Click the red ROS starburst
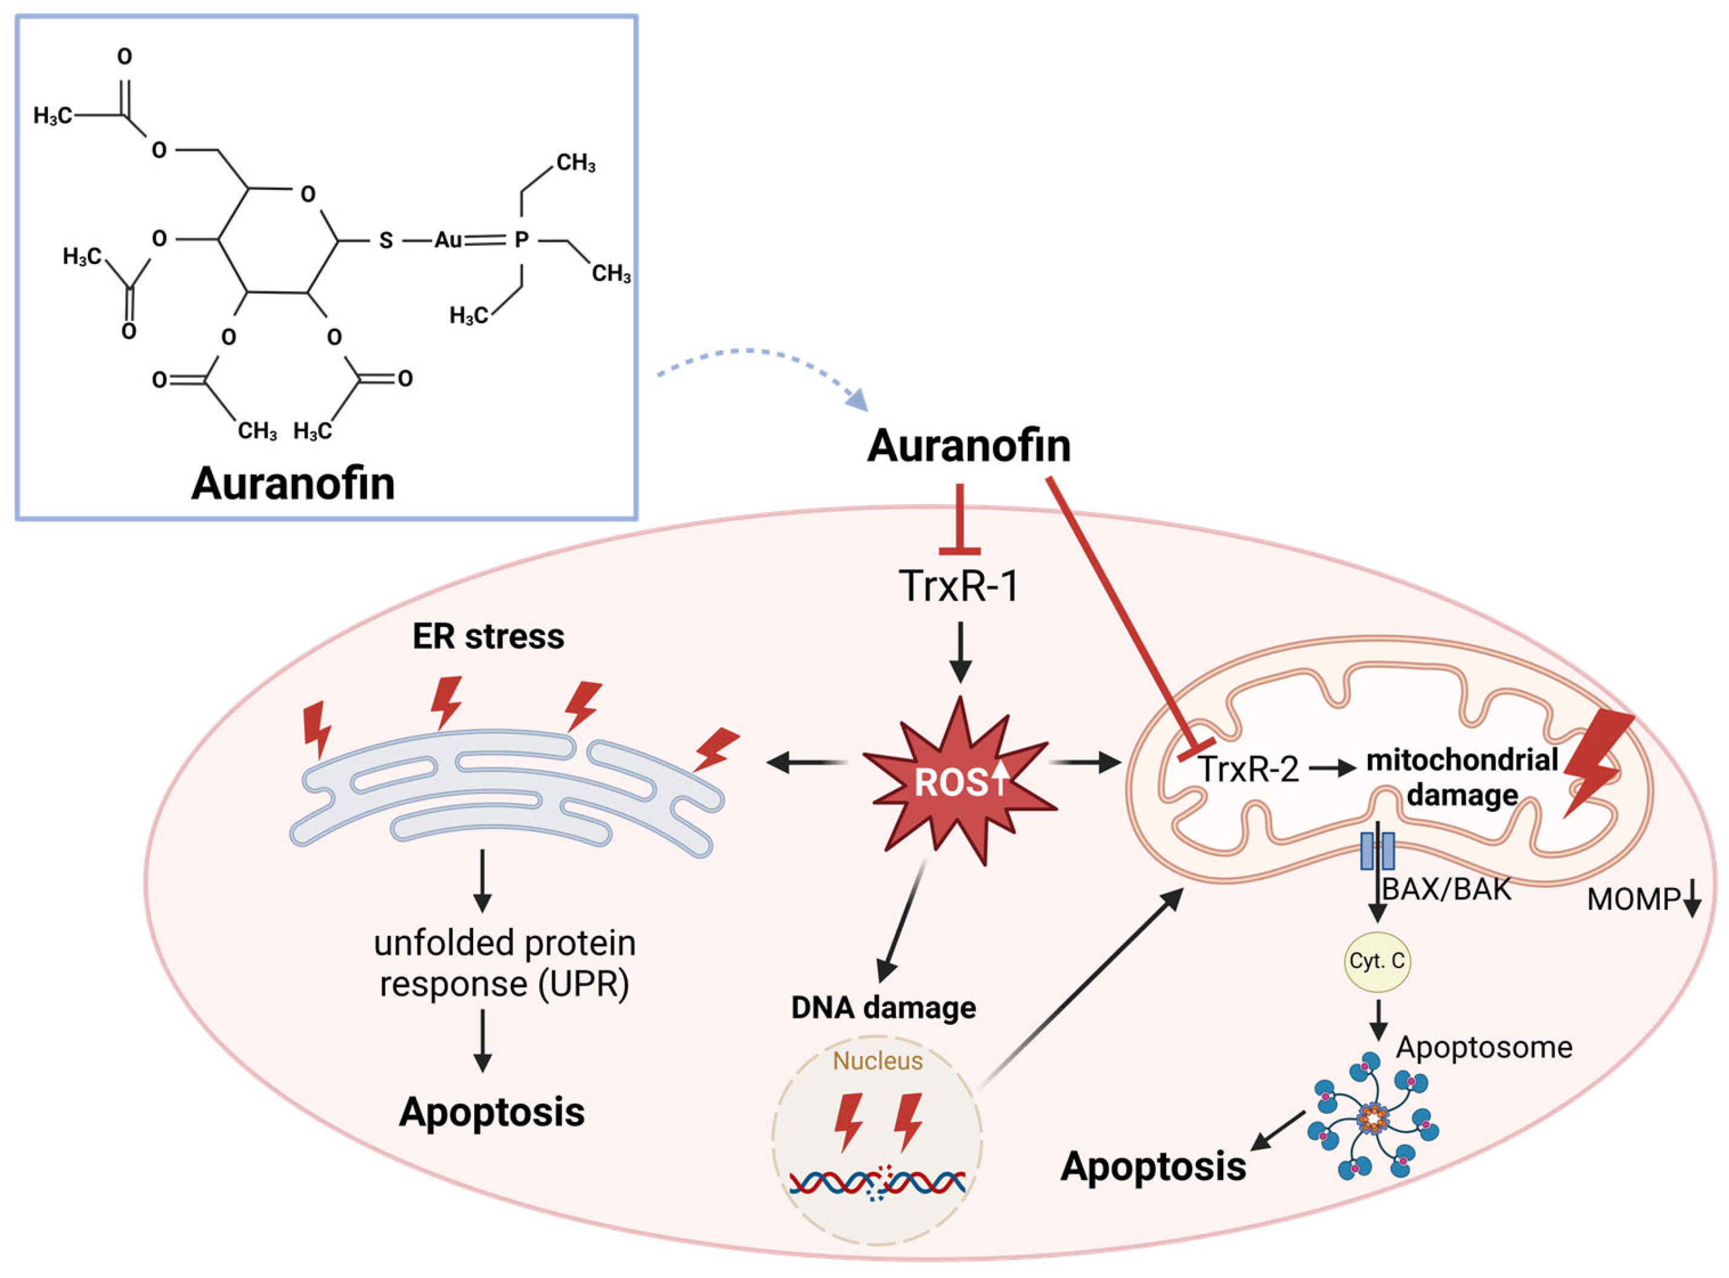[x=960, y=782]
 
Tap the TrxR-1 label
[x=959, y=585]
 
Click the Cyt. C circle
[x=1376, y=961]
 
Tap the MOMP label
[x=1633, y=900]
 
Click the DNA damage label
[x=883, y=1008]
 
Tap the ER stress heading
[x=488, y=637]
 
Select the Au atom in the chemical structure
[x=447, y=240]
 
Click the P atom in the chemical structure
[x=522, y=240]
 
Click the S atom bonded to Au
[x=385, y=240]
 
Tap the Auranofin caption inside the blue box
[x=293, y=484]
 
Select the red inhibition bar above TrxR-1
[x=960, y=551]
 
